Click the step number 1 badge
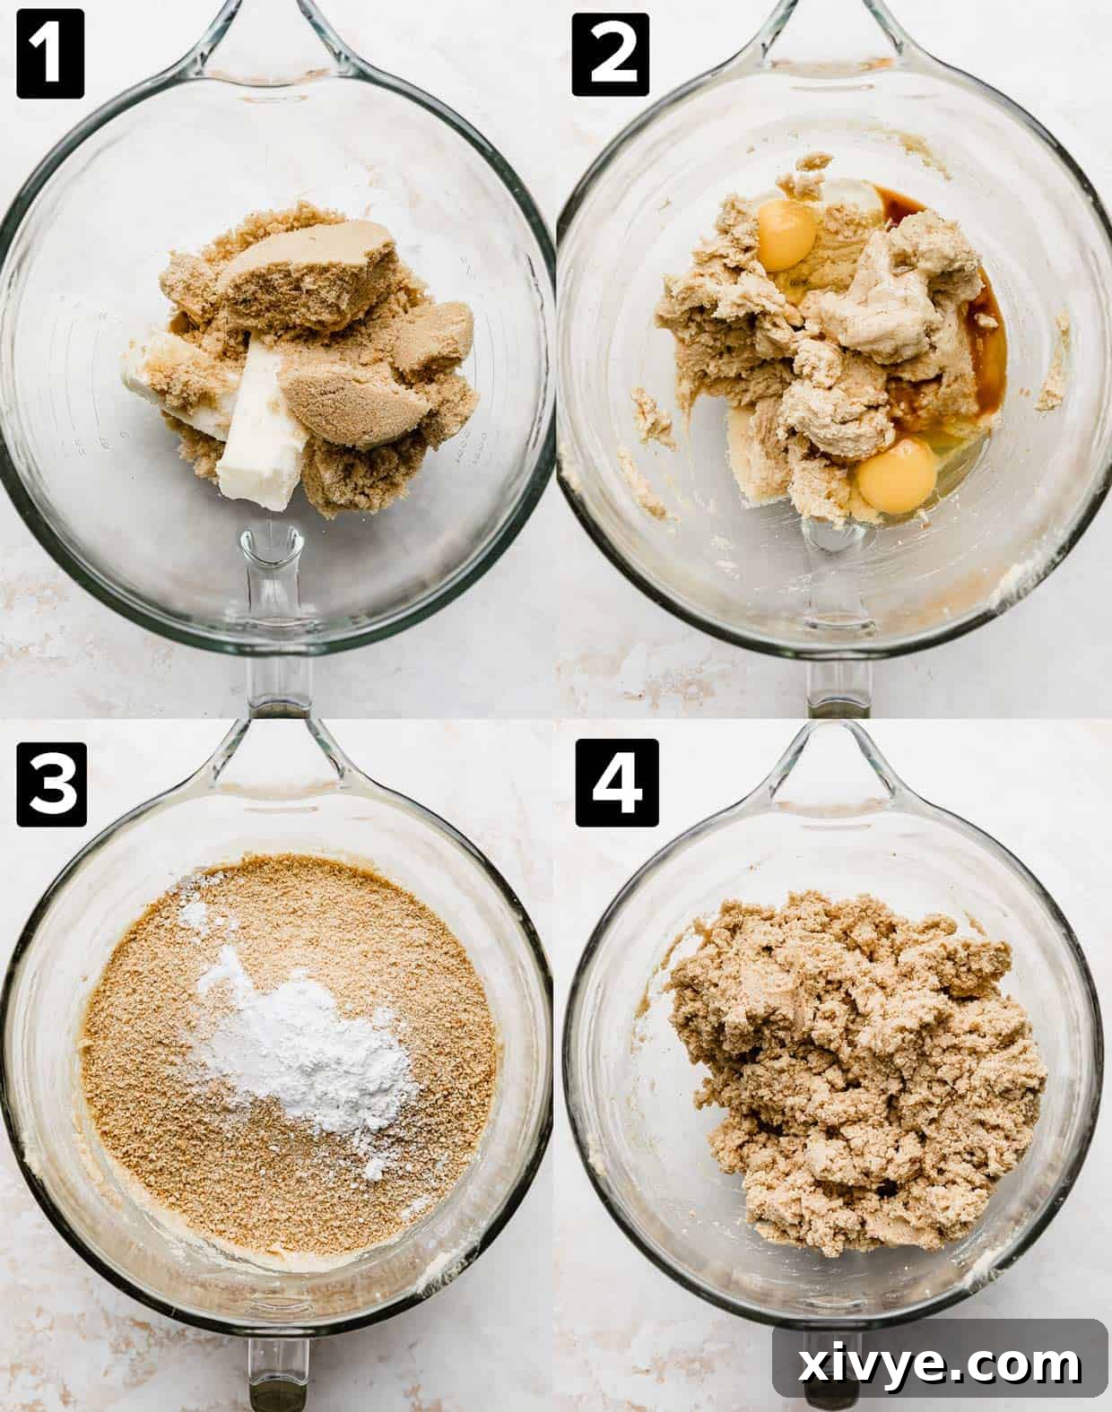click(x=50, y=53)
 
